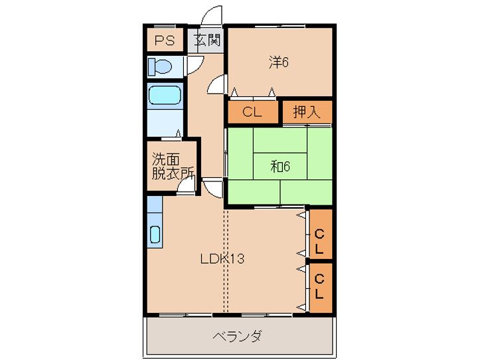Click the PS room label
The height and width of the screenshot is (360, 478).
(165, 41)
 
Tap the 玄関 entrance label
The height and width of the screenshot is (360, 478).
(206, 41)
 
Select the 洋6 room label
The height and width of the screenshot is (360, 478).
(279, 62)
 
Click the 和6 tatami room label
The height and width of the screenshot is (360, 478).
(280, 166)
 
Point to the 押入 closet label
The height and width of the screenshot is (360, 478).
(307, 112)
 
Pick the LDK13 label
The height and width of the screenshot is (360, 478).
(222, 259)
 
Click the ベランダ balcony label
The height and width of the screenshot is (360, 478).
(237, 336)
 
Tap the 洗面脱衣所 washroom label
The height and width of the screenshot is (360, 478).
(173, 166)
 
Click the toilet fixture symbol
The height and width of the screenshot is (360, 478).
(160, 66)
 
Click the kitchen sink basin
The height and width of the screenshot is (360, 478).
(155, 234)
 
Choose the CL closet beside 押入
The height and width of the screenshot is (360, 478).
(252, 112)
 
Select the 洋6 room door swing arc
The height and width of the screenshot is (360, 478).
(216, 85)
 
